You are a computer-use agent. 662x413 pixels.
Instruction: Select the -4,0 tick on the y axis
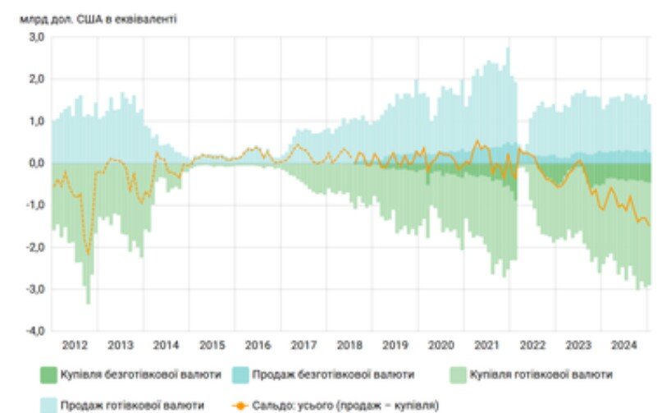pos(34,331)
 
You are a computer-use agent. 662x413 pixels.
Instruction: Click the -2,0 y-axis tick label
pos(34,247)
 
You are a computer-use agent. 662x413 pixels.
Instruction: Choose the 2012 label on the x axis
pos(75,344)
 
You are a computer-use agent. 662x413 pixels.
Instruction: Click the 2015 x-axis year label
pos(212,344)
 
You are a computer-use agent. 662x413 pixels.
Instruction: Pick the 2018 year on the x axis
pos(349,344)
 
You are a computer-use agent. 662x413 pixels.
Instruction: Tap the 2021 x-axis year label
pos(487,344)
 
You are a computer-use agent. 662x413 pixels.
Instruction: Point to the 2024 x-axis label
pos(625,344)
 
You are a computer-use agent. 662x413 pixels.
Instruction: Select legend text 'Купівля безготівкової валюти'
pos(141,375)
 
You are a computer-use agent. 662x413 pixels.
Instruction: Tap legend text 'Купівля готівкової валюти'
pos(541,375)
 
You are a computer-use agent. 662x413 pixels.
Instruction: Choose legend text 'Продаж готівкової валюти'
pos(134,405)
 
